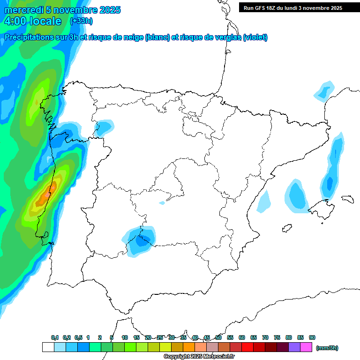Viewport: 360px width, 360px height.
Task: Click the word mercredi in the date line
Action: point(23,10)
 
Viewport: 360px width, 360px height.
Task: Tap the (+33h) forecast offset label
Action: point(81,21)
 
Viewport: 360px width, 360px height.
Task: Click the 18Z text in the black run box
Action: point(270,8)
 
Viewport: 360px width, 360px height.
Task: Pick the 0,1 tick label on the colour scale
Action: point(55,337)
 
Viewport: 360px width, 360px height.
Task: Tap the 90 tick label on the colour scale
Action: point(312,337)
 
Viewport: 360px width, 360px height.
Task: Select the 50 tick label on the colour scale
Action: point(218,337)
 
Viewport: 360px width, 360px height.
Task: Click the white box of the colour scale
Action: point(48,347)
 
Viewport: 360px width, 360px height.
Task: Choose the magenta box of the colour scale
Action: point(306,347)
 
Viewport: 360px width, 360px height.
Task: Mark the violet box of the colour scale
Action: point(294,347)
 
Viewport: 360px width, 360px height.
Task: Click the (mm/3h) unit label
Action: point(327,348)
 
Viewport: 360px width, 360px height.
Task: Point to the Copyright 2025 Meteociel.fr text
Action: point(199,357)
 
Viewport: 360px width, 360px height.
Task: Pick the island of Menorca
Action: point(347,199)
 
